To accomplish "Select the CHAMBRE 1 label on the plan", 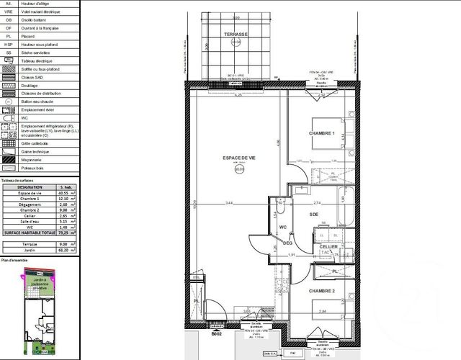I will click(323, 134).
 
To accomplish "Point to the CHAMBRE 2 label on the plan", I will click(323, 290).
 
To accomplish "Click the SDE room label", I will click(313, 214).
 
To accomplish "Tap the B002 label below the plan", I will click(215, 334).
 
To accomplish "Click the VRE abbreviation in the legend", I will click(8, 13).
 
